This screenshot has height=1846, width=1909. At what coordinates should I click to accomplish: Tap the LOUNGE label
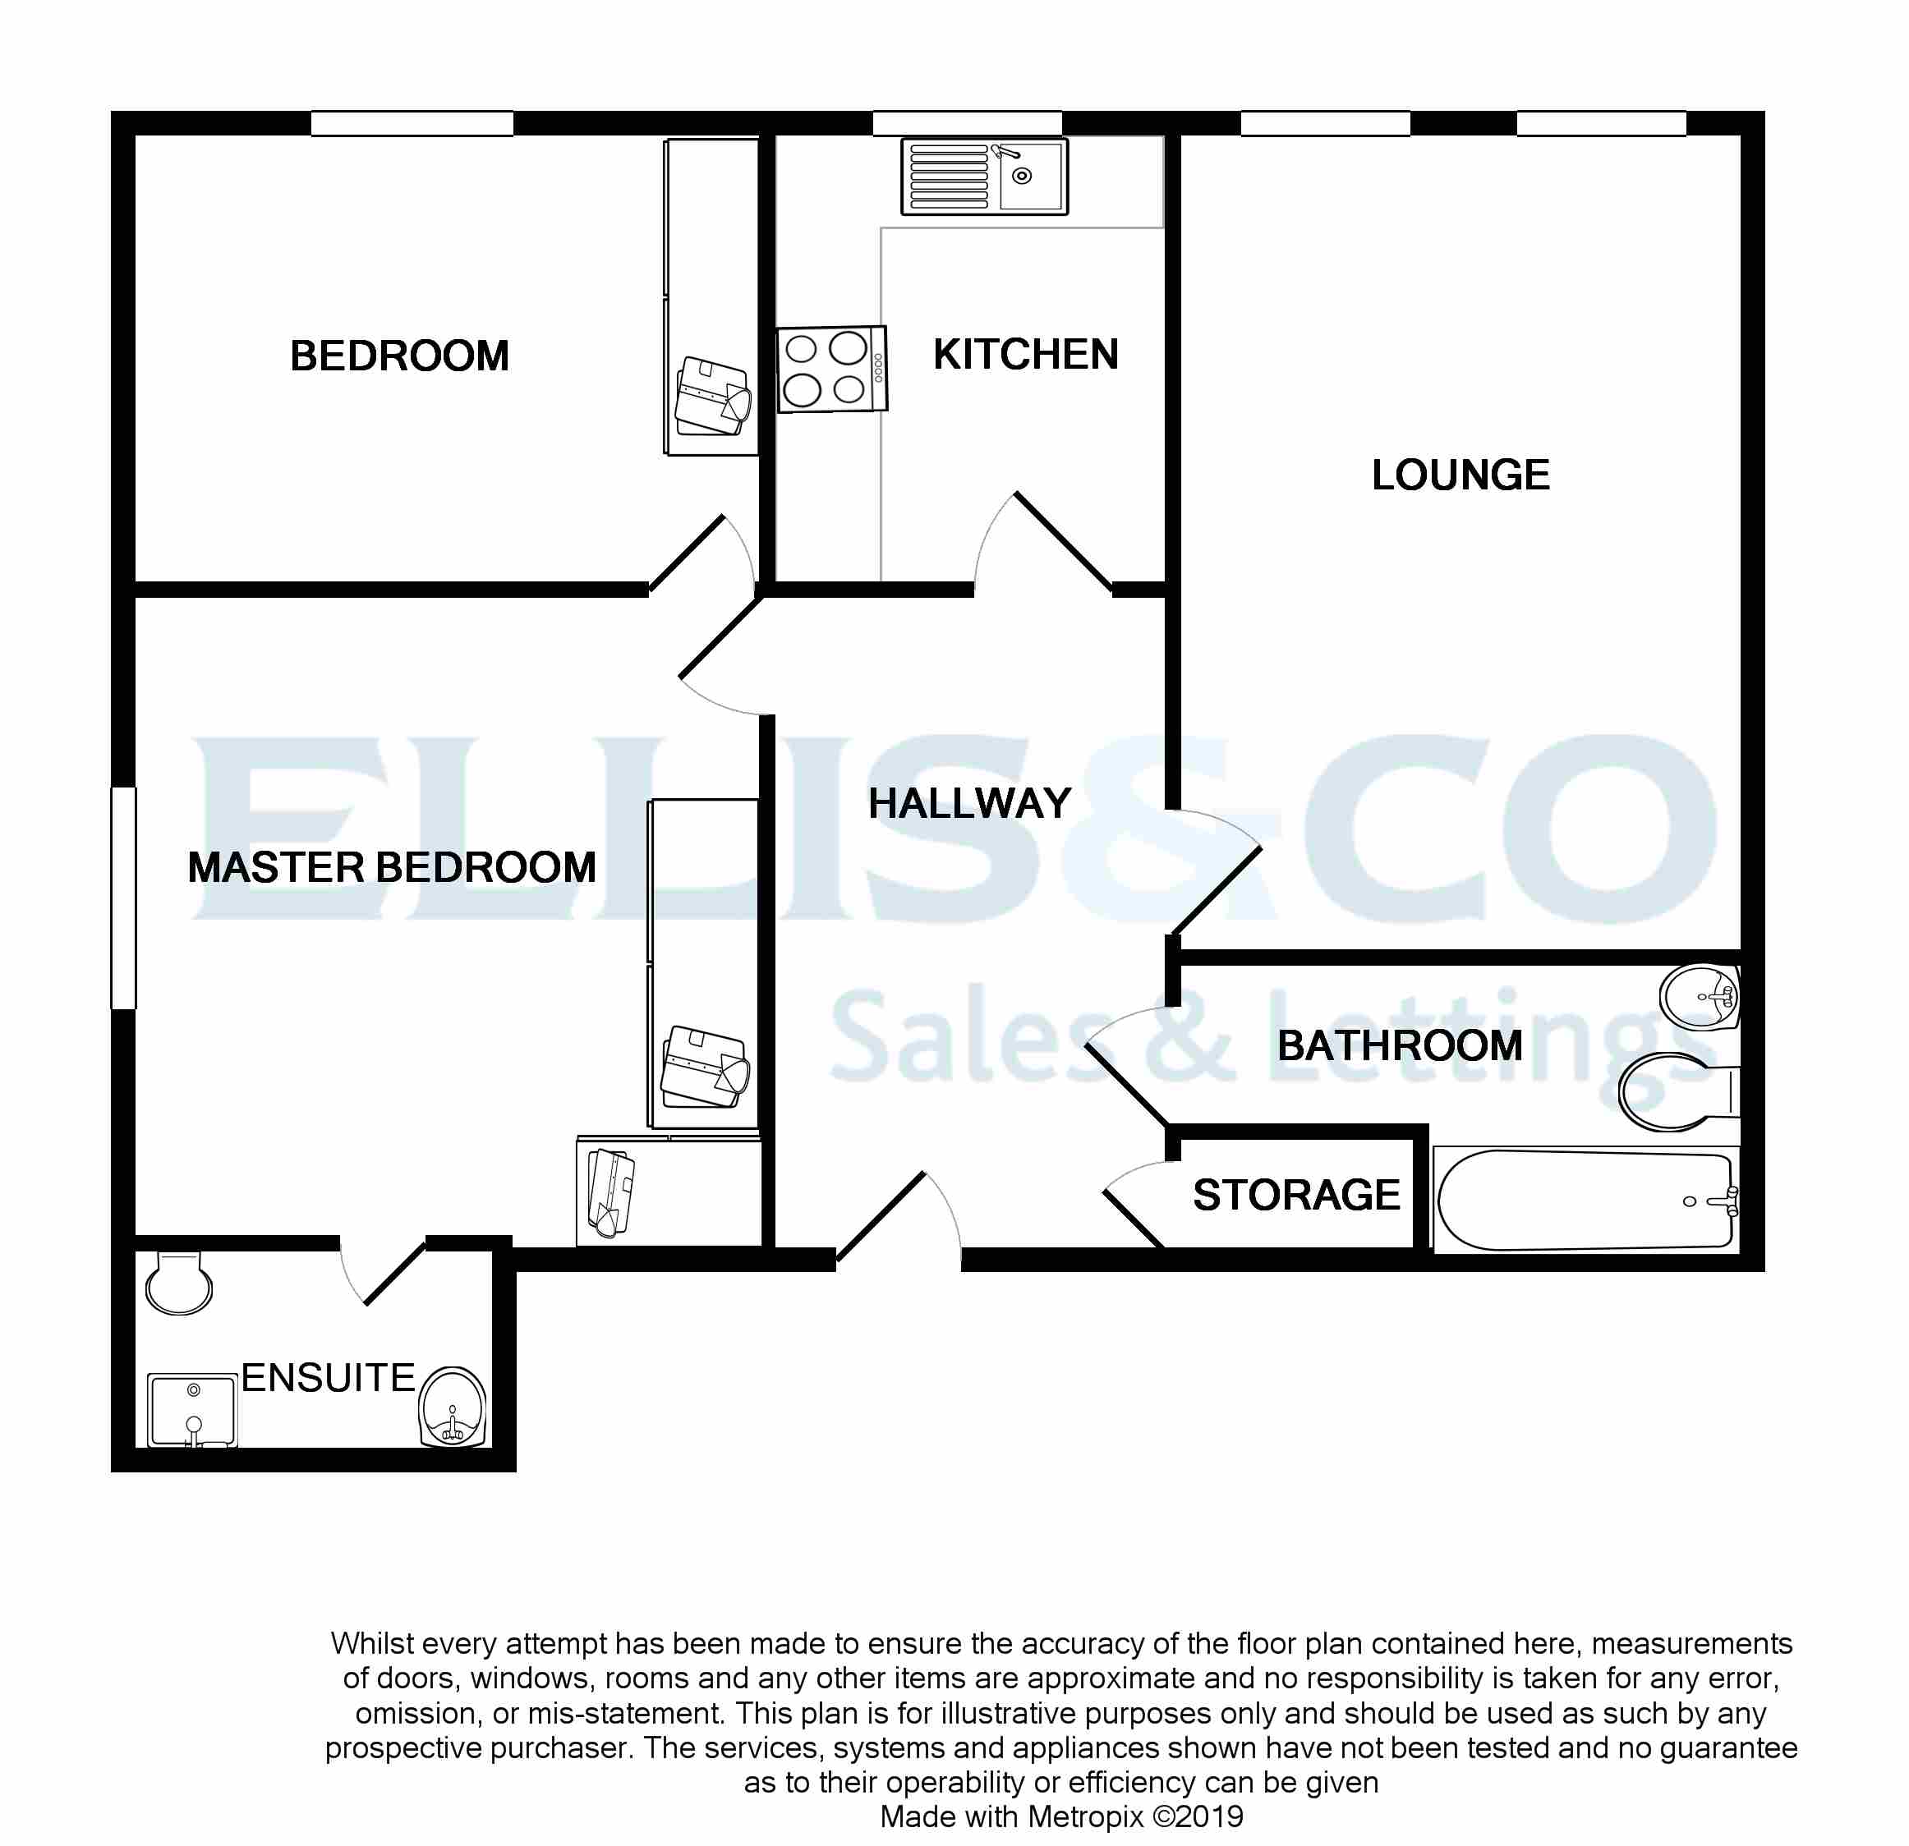pyautogui.click(x=1459, y=475)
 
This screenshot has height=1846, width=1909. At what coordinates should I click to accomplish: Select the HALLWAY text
pyautogui.click(x=969, y=803)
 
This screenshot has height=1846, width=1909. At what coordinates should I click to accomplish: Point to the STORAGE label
pyautogui.click(x=1295, y=1195)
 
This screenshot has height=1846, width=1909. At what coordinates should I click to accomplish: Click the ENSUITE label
pyautogui.click(x=329, y=1378)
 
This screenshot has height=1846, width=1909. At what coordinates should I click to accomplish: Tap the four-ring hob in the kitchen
pyautogui.click(x=830, y=369)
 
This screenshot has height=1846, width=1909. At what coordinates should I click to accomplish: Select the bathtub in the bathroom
pyautogui.click(x=1585, y=1200)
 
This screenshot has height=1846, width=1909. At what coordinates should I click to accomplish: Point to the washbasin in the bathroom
pyautogui.click(x=1700, y=995)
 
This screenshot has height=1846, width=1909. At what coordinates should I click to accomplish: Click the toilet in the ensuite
pyautogui.click(x=178, y=1283)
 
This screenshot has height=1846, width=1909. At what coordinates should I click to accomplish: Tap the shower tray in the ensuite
pyautogui.click(x=192, y=1410)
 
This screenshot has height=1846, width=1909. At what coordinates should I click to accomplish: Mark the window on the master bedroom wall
pyautogui.click(x=124, y=897)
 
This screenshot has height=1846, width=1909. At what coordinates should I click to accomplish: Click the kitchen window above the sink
pyautogui.click(x=966, y=124)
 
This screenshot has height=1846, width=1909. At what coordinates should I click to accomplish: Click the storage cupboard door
pyautogui.click(x=1134, y=1217)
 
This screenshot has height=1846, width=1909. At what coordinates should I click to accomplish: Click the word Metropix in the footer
pyautogui.click(x=1085, y=1816)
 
